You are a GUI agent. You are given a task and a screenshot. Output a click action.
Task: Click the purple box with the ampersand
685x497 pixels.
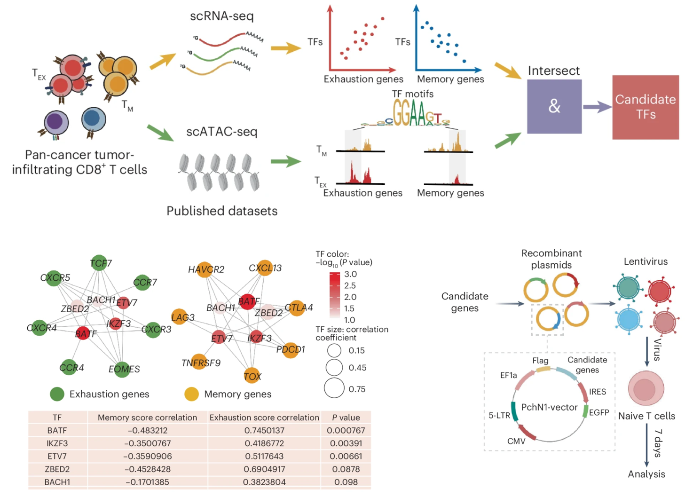tap(554, 106)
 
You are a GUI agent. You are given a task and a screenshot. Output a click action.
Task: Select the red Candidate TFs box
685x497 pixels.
tap(645, 107)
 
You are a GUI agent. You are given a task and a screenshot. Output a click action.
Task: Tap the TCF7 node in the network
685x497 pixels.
tap(100, 263)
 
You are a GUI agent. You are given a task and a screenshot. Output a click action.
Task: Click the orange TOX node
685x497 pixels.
tap(252, 376)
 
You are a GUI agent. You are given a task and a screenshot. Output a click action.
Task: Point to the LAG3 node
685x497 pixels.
tap(181, 317)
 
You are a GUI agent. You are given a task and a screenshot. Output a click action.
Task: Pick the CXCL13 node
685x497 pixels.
tap(265, 268)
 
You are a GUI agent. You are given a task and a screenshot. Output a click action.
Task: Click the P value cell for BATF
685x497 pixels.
tap(346, 430)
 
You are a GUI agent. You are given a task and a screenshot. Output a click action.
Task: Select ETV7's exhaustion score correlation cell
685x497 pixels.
tap(264, 456)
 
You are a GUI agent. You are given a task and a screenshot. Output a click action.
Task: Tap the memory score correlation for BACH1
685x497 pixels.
tap(148, 482)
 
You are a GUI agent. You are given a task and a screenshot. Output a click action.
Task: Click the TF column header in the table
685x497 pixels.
tap(57, 417)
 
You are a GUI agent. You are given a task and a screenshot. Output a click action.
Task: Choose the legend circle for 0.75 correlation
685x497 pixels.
tap(334, 388)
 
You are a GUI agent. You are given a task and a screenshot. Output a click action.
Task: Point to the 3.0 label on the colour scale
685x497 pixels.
tap(350, 274)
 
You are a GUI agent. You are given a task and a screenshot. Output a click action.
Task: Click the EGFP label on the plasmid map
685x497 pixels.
tap(598, 412)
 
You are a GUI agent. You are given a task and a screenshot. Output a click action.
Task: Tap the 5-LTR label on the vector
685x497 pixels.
tap(499, 415)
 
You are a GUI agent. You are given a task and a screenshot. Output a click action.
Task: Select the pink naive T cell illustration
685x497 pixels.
tap(646, 388)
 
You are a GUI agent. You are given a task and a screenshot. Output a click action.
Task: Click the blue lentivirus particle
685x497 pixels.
tap(628, 320)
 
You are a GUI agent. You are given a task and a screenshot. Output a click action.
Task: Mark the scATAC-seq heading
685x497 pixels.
tap(221, 131)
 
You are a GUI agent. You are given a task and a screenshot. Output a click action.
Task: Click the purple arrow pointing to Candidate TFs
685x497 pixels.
tap(597, 107)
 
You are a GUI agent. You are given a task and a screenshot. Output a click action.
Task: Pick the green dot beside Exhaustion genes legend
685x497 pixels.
tap(57, 394)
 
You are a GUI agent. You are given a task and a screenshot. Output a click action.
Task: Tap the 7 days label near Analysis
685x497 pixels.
tap(658, 442)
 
